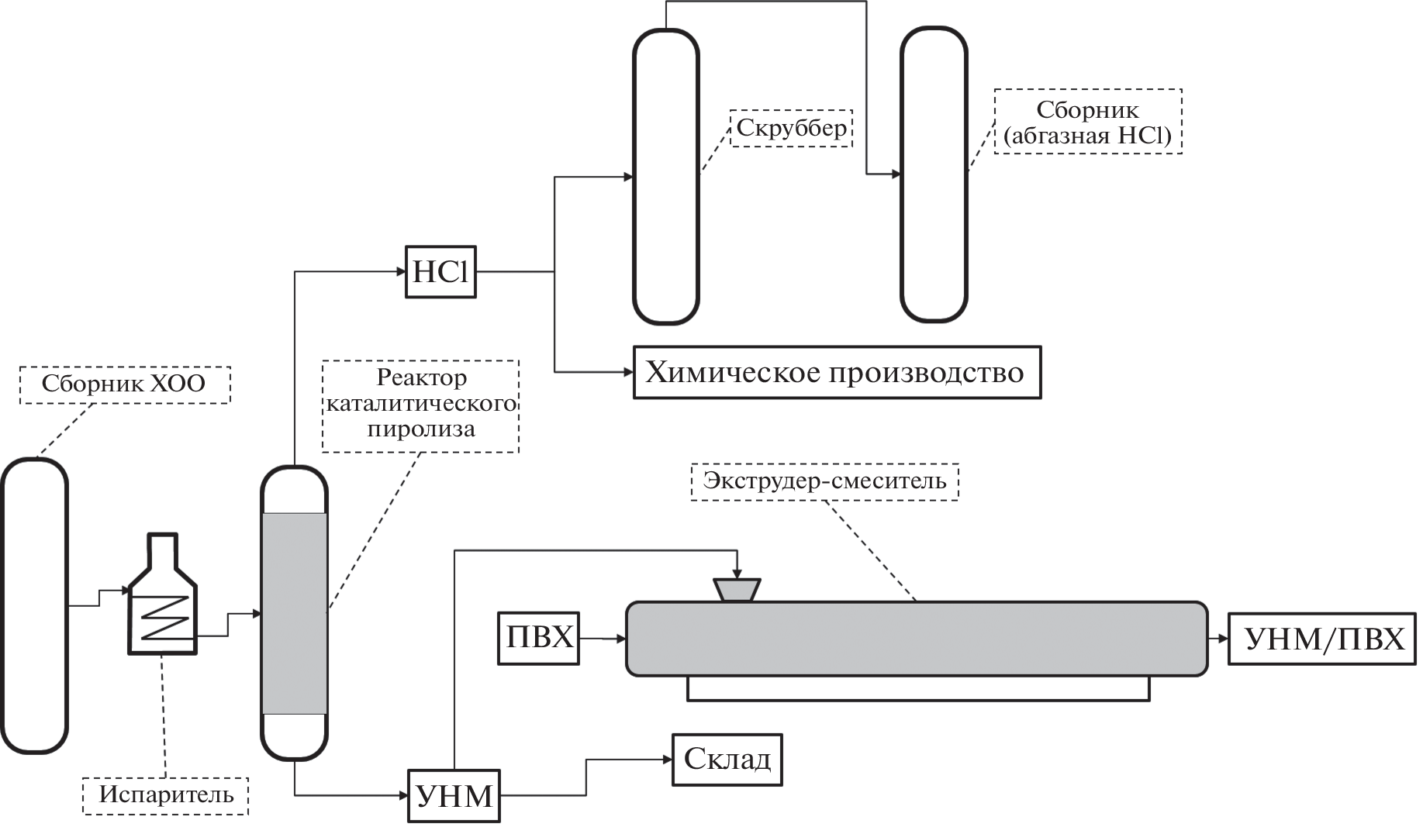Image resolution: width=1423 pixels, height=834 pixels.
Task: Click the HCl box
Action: [440, 272]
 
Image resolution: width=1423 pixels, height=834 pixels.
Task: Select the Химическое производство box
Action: [837, 373]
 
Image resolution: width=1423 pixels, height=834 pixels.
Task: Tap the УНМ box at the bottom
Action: [454, 796]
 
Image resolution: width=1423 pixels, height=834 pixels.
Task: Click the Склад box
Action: [727, 760]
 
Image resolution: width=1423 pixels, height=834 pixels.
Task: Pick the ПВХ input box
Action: [538, 638]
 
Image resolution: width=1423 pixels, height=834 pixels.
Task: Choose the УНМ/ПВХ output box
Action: [1324, 639]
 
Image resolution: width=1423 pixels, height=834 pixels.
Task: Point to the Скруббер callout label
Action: [791, 128]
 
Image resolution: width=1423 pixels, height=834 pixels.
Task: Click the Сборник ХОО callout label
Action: [124, 384]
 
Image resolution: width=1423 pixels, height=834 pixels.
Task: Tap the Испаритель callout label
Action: [166, 795]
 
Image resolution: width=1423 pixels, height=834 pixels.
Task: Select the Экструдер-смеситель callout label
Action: [824, 481]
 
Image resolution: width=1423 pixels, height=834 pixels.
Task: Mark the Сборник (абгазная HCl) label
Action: [1087, 122]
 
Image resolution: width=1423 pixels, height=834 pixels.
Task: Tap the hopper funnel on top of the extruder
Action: [737, 590]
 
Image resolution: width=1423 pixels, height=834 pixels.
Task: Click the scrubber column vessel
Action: [666, 176]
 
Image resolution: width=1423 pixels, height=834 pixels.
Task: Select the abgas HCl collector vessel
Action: [934, 174]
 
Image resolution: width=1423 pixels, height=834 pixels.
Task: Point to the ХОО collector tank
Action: [34, 605]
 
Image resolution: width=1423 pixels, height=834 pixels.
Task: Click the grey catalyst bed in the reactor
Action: [294, 613]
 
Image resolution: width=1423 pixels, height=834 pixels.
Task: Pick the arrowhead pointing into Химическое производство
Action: [628, 373]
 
